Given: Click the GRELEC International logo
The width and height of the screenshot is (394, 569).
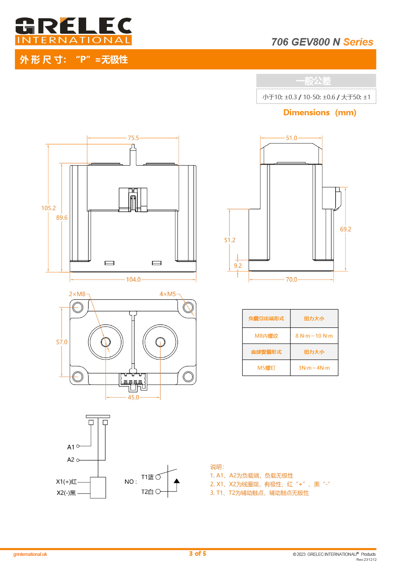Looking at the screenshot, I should click(x=73, y=31).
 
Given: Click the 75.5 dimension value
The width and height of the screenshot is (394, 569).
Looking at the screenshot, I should click(x=133, y=138).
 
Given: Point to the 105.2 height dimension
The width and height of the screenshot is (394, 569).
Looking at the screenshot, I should click(x=48, y=208).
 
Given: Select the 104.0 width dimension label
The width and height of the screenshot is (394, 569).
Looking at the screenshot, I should click(x=133, y=280).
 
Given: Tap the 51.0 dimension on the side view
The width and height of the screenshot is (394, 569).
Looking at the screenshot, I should click(x=291, y=138).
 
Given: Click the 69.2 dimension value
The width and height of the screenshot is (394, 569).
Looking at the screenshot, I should click(x=346, y=229).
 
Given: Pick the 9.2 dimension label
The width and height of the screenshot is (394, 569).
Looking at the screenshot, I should click(x=238, y=266).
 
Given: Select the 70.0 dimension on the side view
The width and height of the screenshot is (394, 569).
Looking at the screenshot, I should click(x=291, y=280).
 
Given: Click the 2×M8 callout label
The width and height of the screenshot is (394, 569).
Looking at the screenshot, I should click(x=77, y=294).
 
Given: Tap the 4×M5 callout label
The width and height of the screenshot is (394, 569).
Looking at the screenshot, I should click(x=168, y=294).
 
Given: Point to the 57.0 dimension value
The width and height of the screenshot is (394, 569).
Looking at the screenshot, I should click(x=62, y=342).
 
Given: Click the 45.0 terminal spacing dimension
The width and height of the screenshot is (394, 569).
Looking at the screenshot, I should click(x=133, y=397).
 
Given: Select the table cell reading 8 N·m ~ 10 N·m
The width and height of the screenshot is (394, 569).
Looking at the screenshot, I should click(x=314, y=336).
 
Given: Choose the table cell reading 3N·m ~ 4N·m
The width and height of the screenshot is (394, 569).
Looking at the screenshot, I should click(x=314, y=368).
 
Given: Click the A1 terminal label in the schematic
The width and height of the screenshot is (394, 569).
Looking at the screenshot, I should click(x=71, y=447).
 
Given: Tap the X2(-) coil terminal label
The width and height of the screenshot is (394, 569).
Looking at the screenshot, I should click(x=66, y=493).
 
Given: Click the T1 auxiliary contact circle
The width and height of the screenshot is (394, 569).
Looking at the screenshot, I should click(x=158, y=477).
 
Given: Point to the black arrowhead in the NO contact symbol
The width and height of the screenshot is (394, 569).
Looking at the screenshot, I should click(x=177, y=481).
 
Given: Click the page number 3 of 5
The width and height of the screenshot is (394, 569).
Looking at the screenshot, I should click(x=198, y=554).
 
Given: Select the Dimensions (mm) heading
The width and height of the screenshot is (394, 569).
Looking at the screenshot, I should click(x=320, y=112).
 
